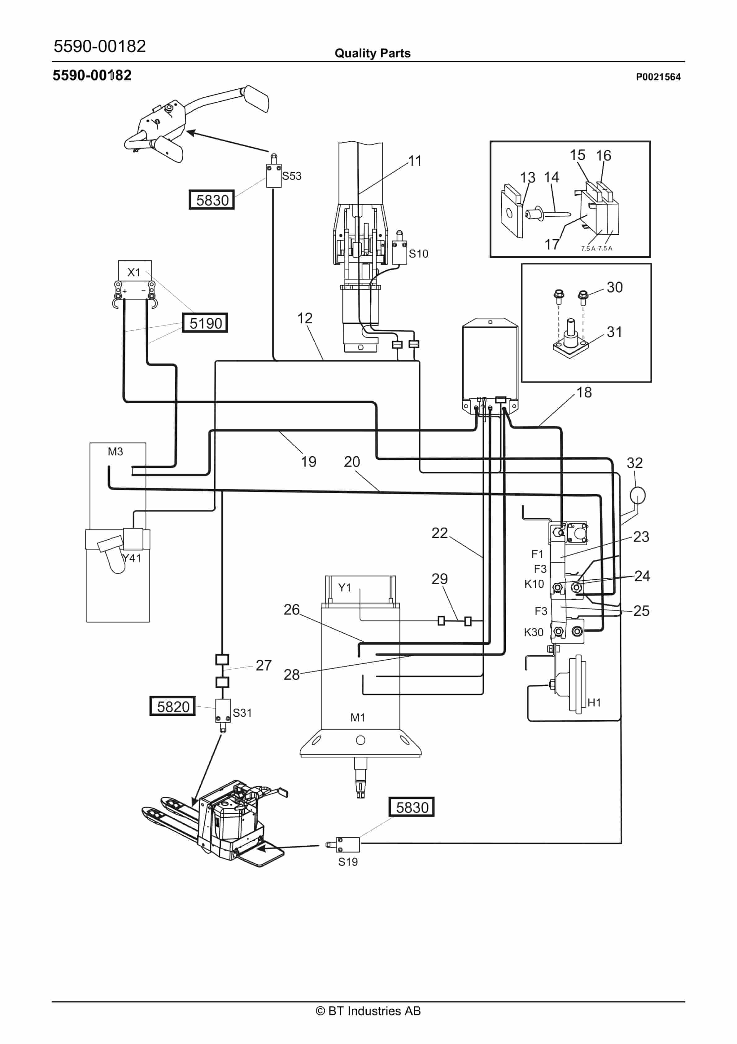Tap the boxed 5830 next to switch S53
coord(212,200)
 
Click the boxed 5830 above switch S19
coord(412,807)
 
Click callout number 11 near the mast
coord(415,161)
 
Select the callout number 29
coord(439,579)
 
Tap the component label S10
coord(418,254)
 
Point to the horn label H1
coord(594,702)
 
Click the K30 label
coord(534,632)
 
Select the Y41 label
coord(132,558)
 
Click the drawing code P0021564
coord(658,77)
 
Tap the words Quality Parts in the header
coord(373,53)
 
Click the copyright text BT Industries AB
coord(368,1011)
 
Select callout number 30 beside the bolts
coord(614,287)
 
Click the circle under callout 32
coord(638,495)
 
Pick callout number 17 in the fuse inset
coord(552,244)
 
